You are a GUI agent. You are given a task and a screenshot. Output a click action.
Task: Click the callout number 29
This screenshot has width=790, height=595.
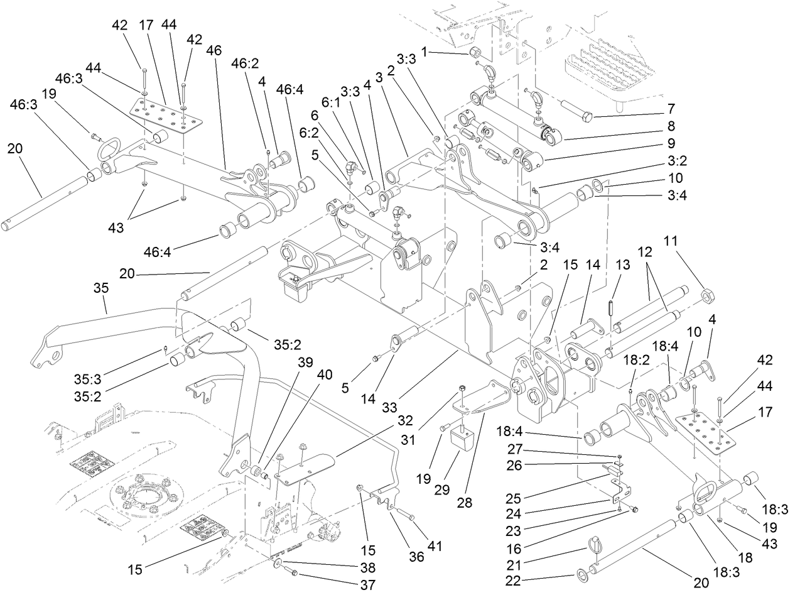coord(443,488)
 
